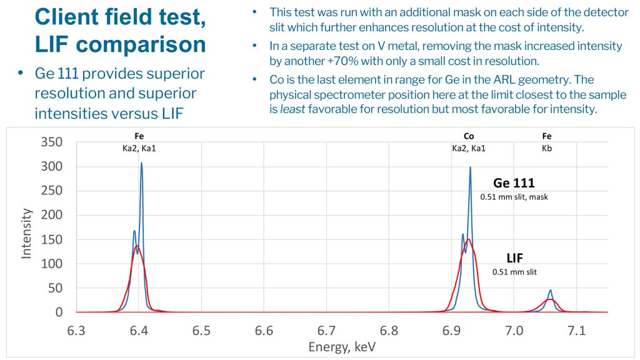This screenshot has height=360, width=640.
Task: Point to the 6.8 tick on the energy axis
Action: click(389, 329)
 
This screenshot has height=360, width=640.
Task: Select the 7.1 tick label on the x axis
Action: click(576, 329)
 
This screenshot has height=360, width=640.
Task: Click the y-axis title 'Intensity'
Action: click(26, 233)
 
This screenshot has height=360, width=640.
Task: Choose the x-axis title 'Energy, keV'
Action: click(342, 346)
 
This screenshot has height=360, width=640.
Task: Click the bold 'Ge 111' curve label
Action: click(514, 183)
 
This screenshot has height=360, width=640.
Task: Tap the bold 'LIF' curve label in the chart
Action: click(514, 258)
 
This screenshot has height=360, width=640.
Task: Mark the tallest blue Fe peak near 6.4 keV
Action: click(141, 163)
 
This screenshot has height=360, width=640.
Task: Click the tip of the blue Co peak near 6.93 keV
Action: click(470, 167)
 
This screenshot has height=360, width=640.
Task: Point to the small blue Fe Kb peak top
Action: click(551, 290)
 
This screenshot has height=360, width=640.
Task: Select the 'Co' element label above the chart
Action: click(469, 136)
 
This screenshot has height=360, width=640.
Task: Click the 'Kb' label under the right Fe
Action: click(547, 148)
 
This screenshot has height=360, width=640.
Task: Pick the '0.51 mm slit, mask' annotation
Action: click(514, 197)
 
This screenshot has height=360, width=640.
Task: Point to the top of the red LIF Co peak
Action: click(467, 239)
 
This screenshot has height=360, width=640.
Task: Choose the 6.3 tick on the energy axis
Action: click(76, 329)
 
